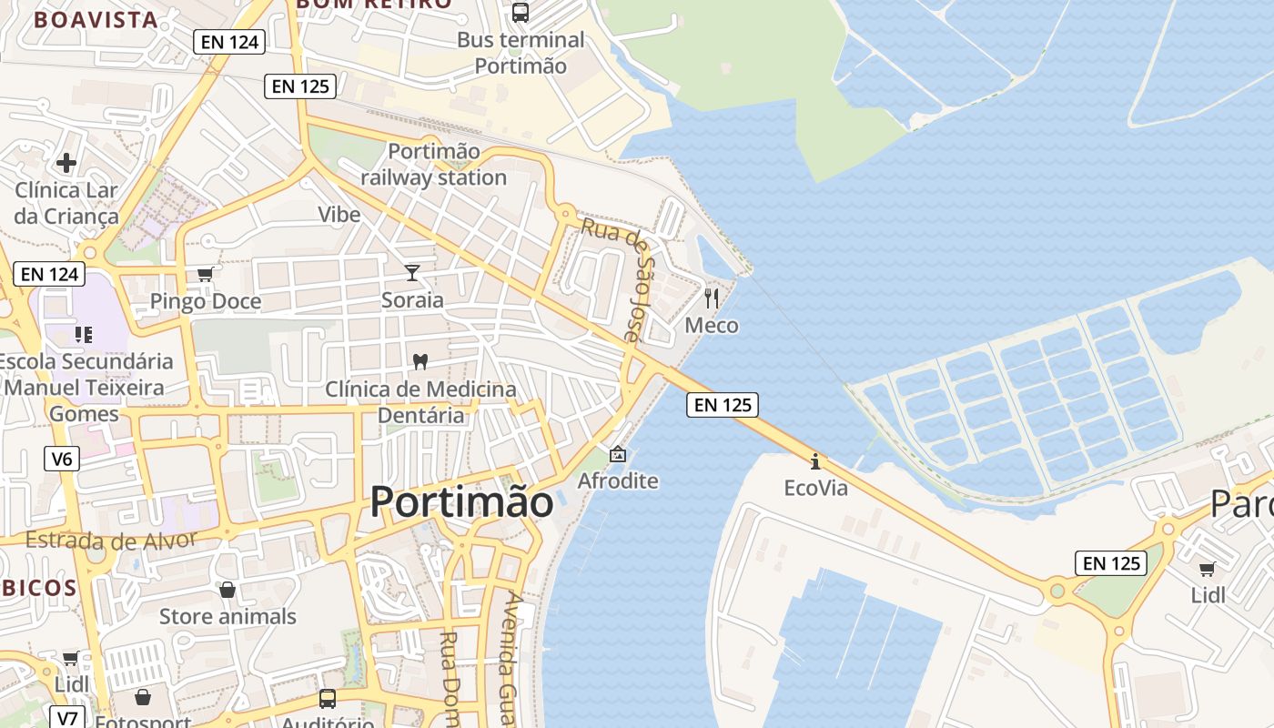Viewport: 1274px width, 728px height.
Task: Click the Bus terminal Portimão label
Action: (521, 53)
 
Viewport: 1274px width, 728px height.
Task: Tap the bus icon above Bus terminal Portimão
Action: (521, 13)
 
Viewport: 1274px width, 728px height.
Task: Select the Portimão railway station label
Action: (434, 165)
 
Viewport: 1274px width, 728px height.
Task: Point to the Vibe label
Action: (339, 215)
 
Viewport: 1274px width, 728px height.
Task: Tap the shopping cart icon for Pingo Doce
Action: (206, 274)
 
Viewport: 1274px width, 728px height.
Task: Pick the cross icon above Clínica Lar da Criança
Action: (66, 163)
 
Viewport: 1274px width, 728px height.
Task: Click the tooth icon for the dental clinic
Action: (420, 361)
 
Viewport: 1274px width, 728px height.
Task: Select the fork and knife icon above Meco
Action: (712, 298)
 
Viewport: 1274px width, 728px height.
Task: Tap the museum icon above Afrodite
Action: (618, 453)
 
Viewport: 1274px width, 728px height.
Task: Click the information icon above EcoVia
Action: (815, 460)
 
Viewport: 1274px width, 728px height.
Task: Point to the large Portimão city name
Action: (461, 501)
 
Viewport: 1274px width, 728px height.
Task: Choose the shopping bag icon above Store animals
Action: (227, 590)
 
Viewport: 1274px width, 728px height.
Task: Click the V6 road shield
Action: (62, 459)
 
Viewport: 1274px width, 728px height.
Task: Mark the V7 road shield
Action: (67, 718)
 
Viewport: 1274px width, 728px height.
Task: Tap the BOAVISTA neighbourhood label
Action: (96, 19)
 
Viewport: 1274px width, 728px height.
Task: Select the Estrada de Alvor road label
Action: (110, 540)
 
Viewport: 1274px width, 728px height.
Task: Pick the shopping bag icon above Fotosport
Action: (143, 698)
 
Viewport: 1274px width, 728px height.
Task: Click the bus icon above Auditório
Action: (328, 699)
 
